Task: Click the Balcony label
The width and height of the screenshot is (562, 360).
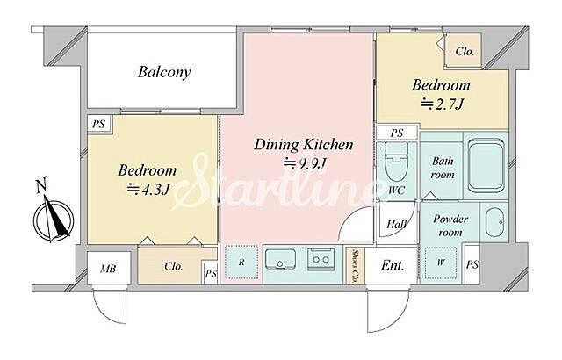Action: pyautogui.click(x=164, y=72)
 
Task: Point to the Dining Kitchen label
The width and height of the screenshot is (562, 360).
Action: pyautogui.click(x=304, y=144)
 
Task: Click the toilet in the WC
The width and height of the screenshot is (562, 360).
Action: pyautogui.click(x=396, y=162)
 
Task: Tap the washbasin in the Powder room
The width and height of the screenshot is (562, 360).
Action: pyautogui.click(x=495, y=223)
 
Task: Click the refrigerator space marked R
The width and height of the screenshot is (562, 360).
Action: pyautogui.click(x=241, y=263)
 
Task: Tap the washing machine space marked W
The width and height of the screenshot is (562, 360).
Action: pyautogui.click(x=441, y=263)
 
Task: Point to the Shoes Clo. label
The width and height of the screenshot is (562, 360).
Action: pyautogui.click(x=355, y=265)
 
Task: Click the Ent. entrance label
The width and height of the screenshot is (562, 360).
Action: pyautogui.click(x=393, y=265)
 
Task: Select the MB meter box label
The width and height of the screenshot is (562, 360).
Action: pyautogui.click(x=108, y=268)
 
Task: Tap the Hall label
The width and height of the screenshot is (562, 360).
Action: pyautogui.click(x=397, y=225)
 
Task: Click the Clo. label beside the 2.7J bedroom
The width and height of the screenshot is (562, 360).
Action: pyautogui.click(x=465, y=51)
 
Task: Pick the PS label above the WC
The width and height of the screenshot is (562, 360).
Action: pyautogui.click(x=397, y=133)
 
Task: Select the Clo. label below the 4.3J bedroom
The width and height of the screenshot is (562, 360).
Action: pyautogui.click(x=174, y=266)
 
